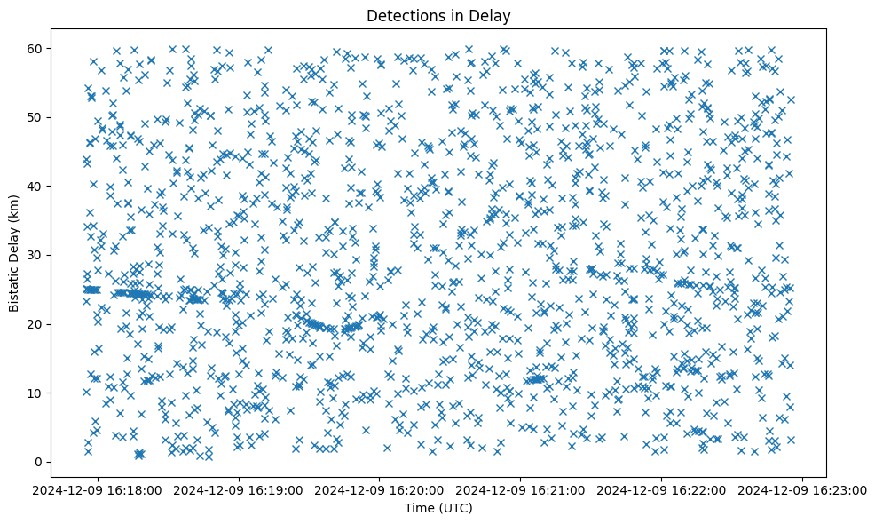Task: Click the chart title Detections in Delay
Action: [x=438, y=15]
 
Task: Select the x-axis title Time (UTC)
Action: [x=438, y=509]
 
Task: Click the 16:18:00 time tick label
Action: [x=99, y=489]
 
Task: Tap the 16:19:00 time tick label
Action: [x=240, y=489]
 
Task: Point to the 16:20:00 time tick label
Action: [x=380, y=489]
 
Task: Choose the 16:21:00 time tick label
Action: [x=521, y=489]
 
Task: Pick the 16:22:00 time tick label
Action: [x=662, y=489]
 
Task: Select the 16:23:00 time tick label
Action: [x=802, y=489]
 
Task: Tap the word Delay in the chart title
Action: [x=493, y=15]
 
